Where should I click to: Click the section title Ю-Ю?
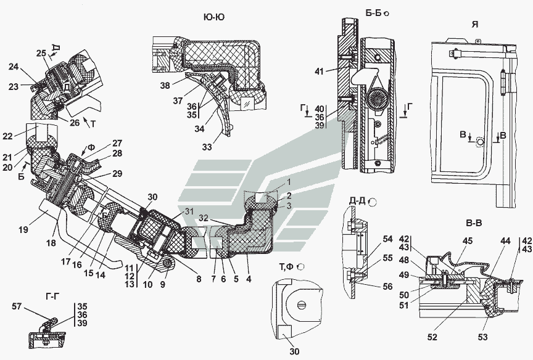tap(213, 17)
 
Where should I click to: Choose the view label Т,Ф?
tap(286, 266)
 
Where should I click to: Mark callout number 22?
tap(24, 136)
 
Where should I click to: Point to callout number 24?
tap(14, 68)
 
